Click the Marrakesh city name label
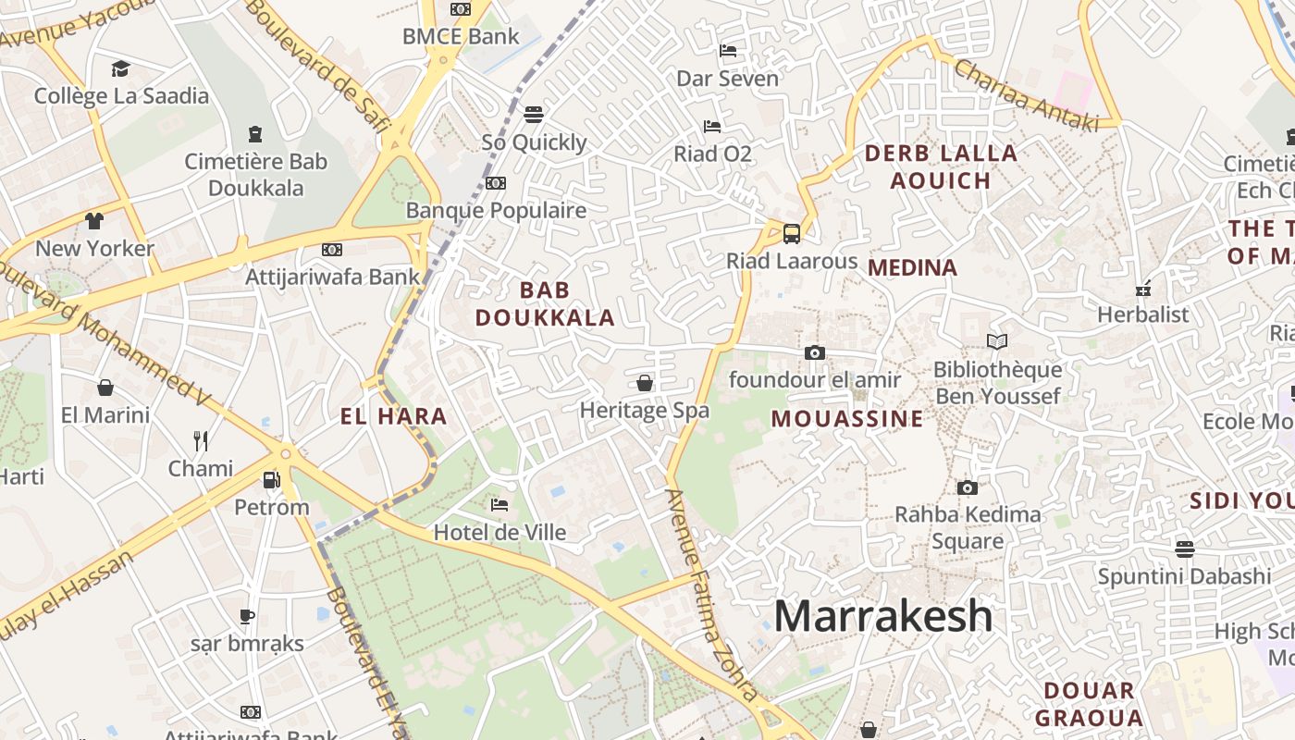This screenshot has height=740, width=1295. (x=882, y=616)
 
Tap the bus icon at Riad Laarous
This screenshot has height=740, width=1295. (x=792, y=233)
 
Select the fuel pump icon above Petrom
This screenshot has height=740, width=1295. (x=271, y=480)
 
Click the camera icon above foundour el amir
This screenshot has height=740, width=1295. (x=814, y=352)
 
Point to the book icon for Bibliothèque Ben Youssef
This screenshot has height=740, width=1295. (x=996, y=342)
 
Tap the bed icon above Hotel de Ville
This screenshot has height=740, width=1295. (x=499, y=505)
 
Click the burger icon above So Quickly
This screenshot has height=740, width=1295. (x=533, y=115)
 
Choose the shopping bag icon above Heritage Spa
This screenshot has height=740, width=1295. (x=645, y=383)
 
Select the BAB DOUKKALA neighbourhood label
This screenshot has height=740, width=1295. (x=545, y=303)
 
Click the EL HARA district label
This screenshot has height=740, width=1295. (x=394, y=416)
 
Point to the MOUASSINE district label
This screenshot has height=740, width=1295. (x=847, y=419)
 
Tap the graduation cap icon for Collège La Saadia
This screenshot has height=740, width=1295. (x=120, y=69)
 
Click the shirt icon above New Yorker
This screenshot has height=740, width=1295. (x=94, y=221)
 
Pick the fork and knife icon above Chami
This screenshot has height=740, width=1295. (x=200, y=440)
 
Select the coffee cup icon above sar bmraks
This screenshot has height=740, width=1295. (x=246, y=616)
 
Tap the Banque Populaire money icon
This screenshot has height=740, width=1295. (x=496, y=183)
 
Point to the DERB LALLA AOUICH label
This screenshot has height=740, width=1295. (x=941, y=166)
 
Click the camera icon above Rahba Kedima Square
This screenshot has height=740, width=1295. (x=967, y=487)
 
